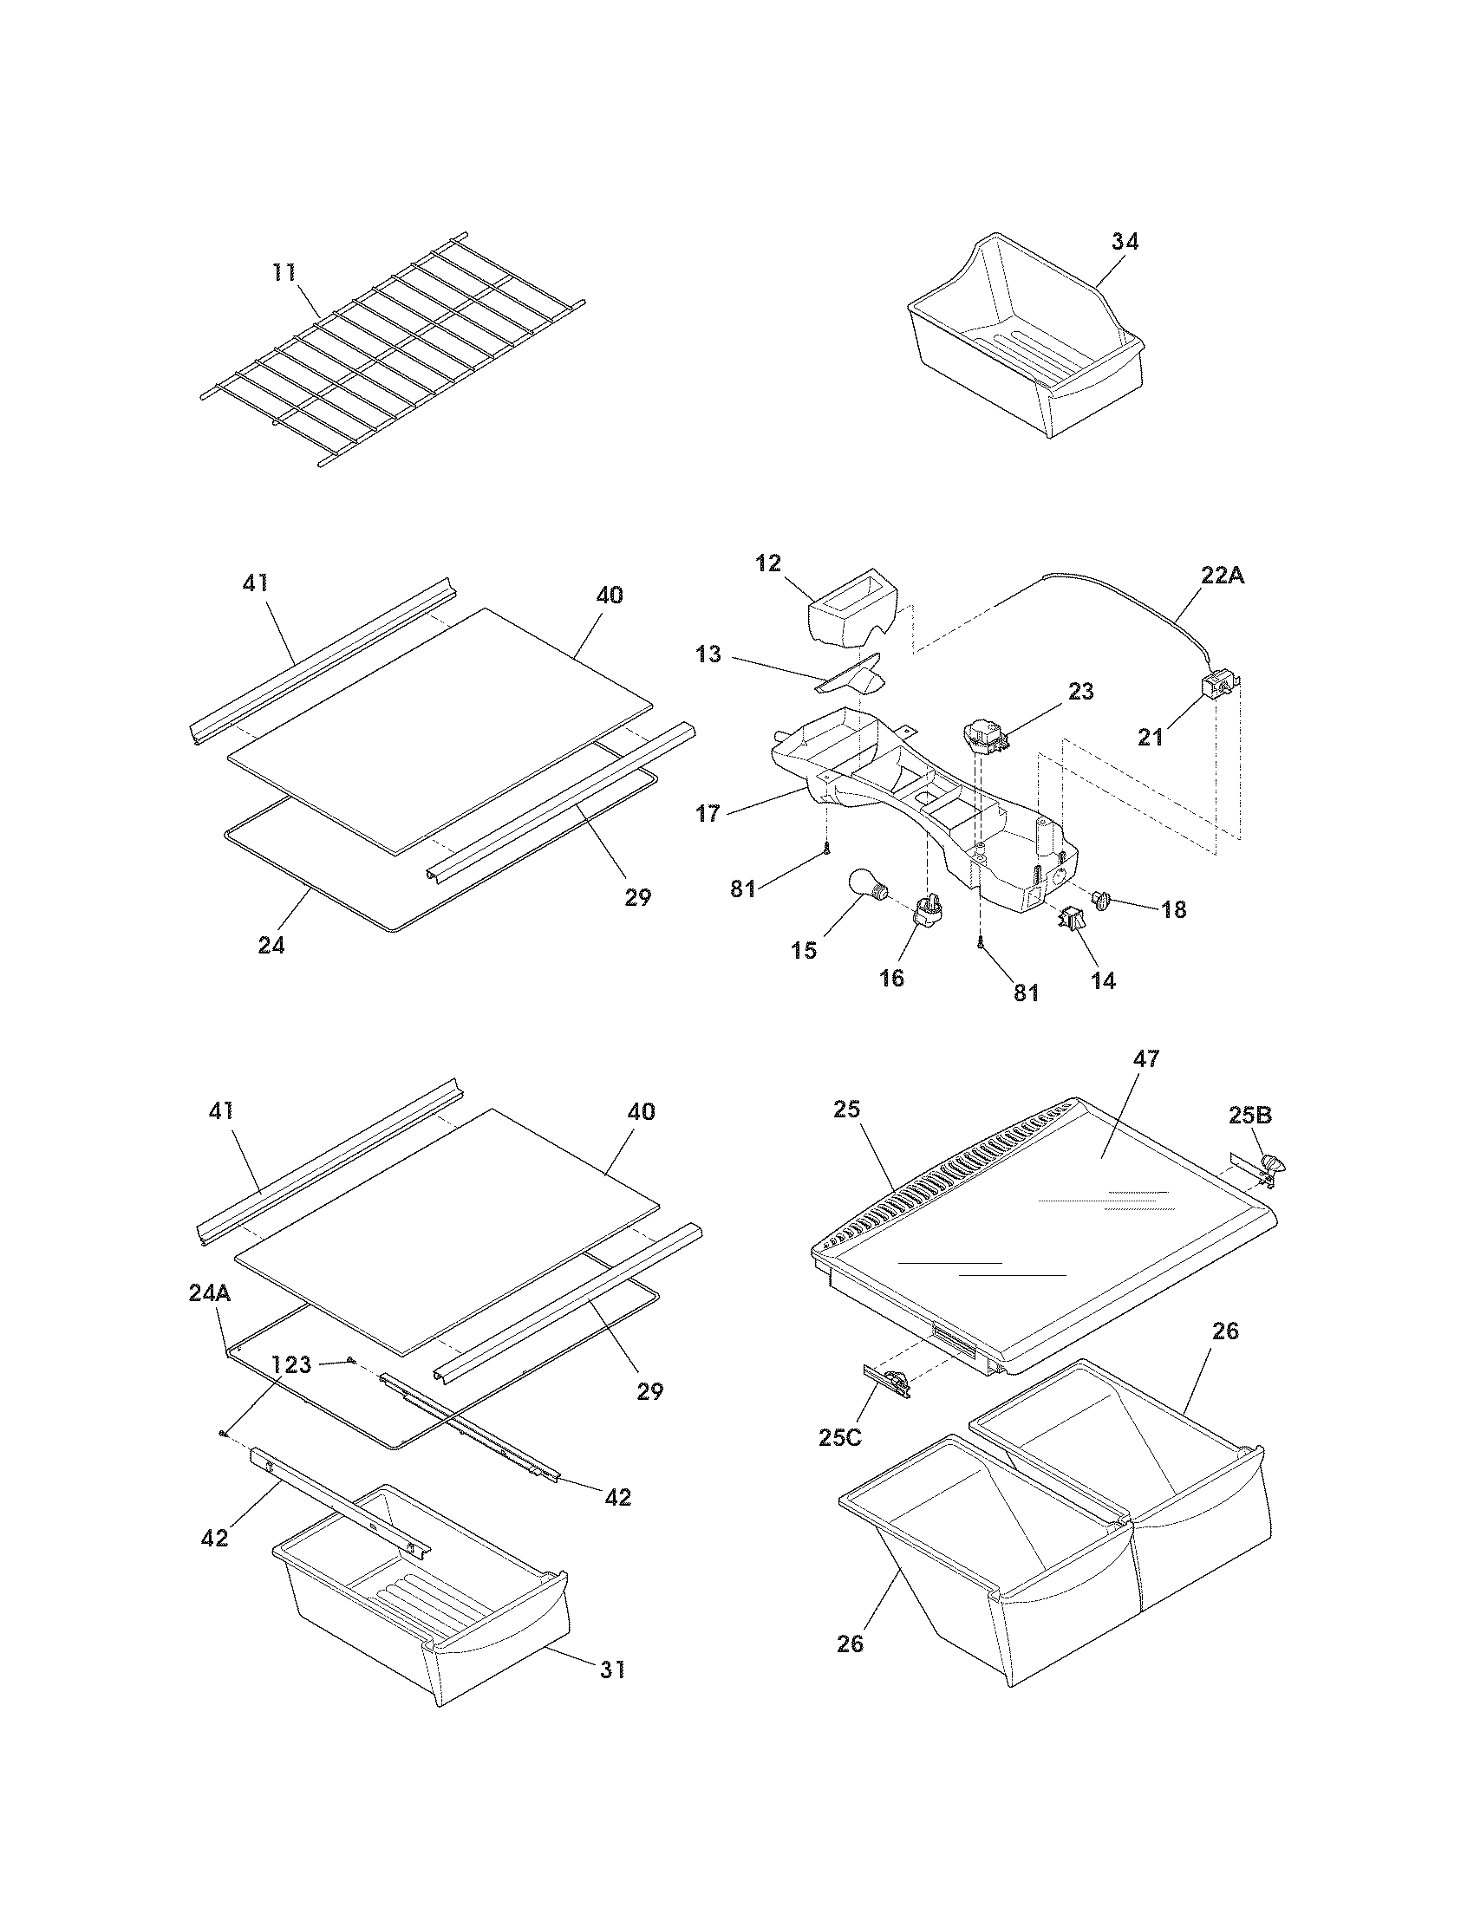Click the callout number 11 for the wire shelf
(x=284, y=273)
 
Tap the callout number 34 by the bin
(x=1125, y=242)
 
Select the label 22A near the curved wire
(x=1222, y=576)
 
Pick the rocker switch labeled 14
(x=1071, y=920)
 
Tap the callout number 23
(x=1080, y=692)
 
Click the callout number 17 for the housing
(x=708, y=814)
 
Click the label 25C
(x=839, y=1437)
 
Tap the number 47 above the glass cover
(x=1145, y=1059)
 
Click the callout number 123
(x=290, y=1364)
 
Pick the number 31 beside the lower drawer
(x=612, y=1669)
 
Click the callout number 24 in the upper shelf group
(x=271, y=945)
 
